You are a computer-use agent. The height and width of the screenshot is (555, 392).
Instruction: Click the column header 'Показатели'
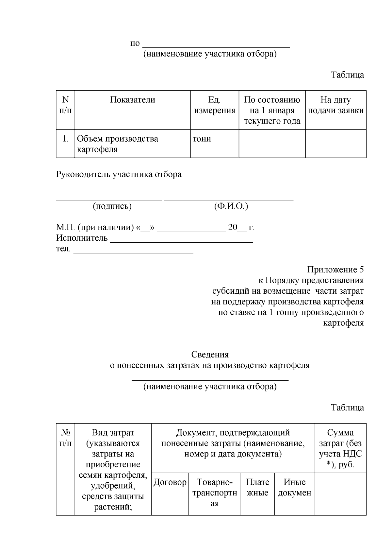tap(132, 100)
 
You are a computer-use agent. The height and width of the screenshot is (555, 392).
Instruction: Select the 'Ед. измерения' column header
tap(214, 105)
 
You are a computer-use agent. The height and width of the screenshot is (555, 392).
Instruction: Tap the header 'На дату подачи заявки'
tap(335, 105)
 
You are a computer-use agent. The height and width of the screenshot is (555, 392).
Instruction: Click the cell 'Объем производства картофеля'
tap(117, 144)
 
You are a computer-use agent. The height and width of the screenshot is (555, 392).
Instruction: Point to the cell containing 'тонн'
tap(202, 139)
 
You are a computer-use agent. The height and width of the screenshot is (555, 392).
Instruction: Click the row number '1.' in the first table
tap(65, 139)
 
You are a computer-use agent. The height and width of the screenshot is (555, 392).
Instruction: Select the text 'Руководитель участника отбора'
tap(119, 175)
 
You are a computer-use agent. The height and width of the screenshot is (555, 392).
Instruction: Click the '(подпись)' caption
tap(112, 206)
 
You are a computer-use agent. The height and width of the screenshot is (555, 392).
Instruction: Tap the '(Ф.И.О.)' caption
tap(231, 206)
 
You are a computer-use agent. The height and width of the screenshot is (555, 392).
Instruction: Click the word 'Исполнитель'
tap(82, 238)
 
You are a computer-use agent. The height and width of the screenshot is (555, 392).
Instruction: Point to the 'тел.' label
tap(63, 249)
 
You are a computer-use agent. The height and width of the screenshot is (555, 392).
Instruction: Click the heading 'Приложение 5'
tap(335, 270)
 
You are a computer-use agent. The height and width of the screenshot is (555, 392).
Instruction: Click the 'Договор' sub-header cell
tap(170, 482)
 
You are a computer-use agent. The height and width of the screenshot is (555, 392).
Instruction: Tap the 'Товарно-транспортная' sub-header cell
tap(215, 493)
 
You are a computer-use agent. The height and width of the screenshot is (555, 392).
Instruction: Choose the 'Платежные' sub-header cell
tap(257, 488)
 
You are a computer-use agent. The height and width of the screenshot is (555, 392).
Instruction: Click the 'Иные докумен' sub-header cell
tap(294, 488)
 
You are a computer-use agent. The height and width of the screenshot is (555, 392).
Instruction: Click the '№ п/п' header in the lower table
tap(65, 438)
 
